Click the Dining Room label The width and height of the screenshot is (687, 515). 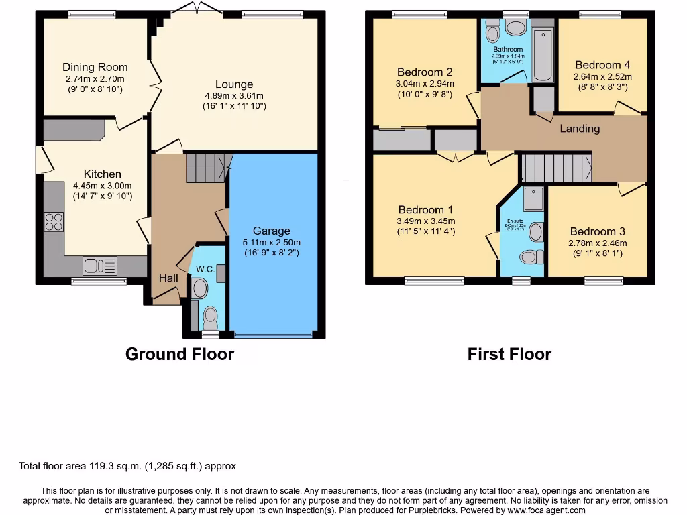pyautogui.click(x=95, y=67)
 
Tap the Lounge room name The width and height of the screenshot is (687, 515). pyautogui.click(x=234, y=84)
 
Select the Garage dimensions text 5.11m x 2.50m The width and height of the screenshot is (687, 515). pyautogui.click(x=272, y=243)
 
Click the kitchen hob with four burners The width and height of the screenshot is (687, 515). pyautogui.click(x=54, y=222)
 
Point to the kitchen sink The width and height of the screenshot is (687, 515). pyautogui.click(x=100, y=266)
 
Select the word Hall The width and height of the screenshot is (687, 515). pyautogui.click(x=168, y=278)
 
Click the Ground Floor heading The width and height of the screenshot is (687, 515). pyautogui.click(x=180, y=354)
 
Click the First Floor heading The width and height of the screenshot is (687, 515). pyautogui.click(x=509, y=354)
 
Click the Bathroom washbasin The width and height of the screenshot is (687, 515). pyautogui.click(x=516, y=28)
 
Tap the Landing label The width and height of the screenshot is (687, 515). pyautogui.click(x=580, y=129)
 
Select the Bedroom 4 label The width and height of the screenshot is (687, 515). pyautogui.click(x=602, y=65)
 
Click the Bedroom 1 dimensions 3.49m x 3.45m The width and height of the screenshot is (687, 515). pyautogui.click(x=426, y=221)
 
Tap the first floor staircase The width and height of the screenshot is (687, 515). pyautogui.click(x=556, y=168)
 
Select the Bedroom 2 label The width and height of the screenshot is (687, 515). pyautogui.click(x=424, y=72)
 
